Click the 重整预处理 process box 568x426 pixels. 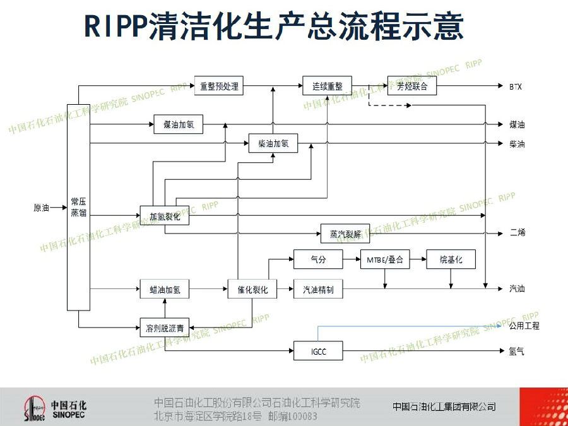218,86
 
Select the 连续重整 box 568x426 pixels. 327,86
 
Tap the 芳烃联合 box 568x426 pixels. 411,86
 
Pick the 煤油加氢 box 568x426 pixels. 179,125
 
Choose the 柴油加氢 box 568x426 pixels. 273,144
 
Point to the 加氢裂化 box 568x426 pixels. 165,216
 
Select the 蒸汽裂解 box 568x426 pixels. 345,234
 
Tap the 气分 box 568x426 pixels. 318,259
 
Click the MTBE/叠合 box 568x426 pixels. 385,259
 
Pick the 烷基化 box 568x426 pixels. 451,259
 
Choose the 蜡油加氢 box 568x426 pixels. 165,290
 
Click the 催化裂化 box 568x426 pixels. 252,290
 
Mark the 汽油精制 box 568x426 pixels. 318,290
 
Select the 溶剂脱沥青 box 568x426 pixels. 165,328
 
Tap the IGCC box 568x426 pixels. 318,351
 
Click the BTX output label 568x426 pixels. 516,86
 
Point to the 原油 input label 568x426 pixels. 41,207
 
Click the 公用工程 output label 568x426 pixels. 524,326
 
